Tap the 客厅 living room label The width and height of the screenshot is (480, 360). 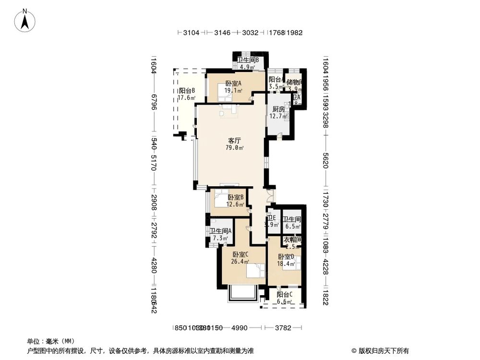point(234,141)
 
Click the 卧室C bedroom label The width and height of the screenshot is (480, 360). point(240,254)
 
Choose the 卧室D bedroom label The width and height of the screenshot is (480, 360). point(286,257)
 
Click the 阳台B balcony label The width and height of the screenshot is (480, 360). point(187,91)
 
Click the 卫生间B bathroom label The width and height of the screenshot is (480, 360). point(248,60)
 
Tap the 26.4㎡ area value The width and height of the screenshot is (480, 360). point(240,262)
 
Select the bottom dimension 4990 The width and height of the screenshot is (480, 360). point(239,328)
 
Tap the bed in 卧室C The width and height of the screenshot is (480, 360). point(254,271)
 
